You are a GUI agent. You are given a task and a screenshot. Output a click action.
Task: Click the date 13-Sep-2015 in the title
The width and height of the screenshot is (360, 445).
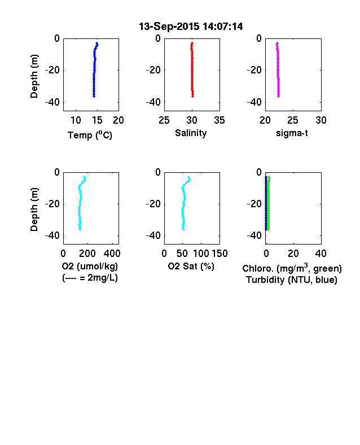169,27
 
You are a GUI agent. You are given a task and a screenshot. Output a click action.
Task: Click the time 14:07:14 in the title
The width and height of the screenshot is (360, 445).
223,27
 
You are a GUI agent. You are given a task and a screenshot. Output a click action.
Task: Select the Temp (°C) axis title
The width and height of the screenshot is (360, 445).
90,135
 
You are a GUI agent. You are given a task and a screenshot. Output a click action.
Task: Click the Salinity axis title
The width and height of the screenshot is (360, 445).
191,133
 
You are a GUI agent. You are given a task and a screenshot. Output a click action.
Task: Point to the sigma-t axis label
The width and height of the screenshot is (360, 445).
292,133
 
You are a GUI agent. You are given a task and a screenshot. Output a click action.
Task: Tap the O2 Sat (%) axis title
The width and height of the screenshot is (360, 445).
191,266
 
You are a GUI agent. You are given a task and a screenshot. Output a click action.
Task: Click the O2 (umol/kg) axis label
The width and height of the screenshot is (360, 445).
90,266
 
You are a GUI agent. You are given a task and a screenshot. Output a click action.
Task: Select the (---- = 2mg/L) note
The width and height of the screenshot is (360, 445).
90,277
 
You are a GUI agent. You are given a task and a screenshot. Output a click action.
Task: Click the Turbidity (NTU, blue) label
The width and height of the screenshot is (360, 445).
292,280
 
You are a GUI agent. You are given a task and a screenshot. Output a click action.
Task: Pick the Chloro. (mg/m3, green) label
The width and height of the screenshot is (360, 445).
292,268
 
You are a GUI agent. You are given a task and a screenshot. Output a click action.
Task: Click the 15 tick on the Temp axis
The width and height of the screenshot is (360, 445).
97,120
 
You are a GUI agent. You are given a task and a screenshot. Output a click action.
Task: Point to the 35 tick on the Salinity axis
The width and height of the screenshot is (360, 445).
219,120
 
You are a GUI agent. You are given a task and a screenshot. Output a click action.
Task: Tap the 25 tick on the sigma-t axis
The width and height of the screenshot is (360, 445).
292,120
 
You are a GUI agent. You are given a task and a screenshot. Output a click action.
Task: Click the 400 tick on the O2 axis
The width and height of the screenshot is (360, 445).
112,254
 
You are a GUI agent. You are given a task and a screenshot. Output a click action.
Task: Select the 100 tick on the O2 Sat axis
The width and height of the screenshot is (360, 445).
201,254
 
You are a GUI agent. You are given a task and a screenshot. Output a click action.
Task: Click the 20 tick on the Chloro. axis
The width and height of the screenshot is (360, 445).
293,254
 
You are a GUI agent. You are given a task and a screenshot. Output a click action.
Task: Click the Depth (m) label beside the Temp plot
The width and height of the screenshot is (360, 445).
34,76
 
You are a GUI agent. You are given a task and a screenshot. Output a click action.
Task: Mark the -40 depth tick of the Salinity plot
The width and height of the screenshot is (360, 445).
153,102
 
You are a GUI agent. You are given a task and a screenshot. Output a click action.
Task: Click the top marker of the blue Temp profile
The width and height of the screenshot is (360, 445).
97,43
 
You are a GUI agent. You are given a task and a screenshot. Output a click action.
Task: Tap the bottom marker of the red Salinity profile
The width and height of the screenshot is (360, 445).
193,96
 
